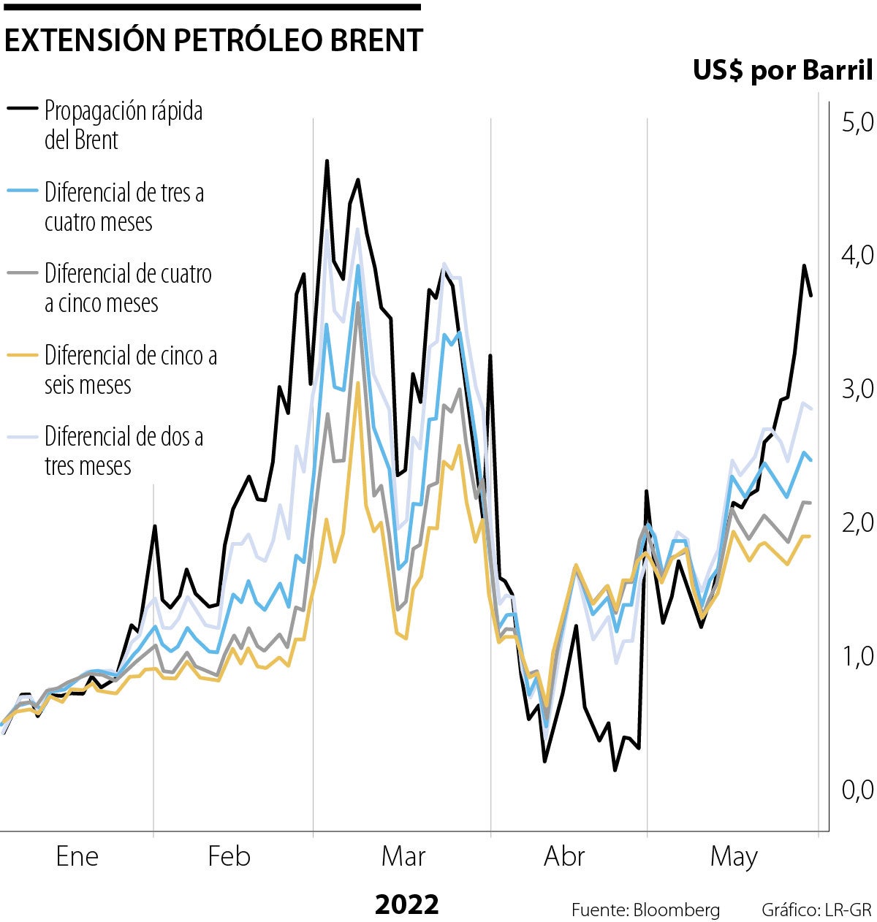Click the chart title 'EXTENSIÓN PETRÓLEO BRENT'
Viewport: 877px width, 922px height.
pyautogui.click(x=213, y=41)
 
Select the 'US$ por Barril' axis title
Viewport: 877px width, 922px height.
pyautogui.click(x=782, y=70)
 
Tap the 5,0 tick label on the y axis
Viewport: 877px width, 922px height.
pyautogui.click(x=857, y=123)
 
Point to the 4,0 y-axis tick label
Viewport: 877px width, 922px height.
pyautogui.click(x=857, y=255)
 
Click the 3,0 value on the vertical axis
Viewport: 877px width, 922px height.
pyautogui.click(x=857, y=389)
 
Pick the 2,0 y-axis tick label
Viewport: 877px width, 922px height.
pyautogui.click(x=857, y=522)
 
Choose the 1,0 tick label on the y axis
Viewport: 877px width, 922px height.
pyautogui.click(x=857, y=656)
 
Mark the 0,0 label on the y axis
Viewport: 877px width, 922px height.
pyautogui.click(x=857, y=790)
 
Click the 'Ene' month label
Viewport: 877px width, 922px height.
pyautogui.click(x=77, y=856)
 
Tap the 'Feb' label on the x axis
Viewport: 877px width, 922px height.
pyautogui.click(x=229, y=856)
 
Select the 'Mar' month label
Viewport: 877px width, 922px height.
pyautogui.click(x=403, y=856)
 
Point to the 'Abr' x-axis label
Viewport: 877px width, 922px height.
pyautogui.click(x=564, y=856)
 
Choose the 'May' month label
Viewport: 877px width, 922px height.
pyautogui.click(x=734, y=856)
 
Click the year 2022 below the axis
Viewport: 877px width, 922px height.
pyautogui.click(x=407, y=904)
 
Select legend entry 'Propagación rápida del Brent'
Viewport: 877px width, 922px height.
pyautogui.click(x=123, y=125)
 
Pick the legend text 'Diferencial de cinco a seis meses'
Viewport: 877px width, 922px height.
pyautogui.click(x=130, y=370)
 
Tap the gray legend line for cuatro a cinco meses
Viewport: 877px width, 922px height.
pyautogui.click(x=23, y=273)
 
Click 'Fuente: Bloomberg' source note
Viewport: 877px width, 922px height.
pyautogui.click(x=645, y=910)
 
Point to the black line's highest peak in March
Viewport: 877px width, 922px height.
pyautogui.click(x=327, y=161)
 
